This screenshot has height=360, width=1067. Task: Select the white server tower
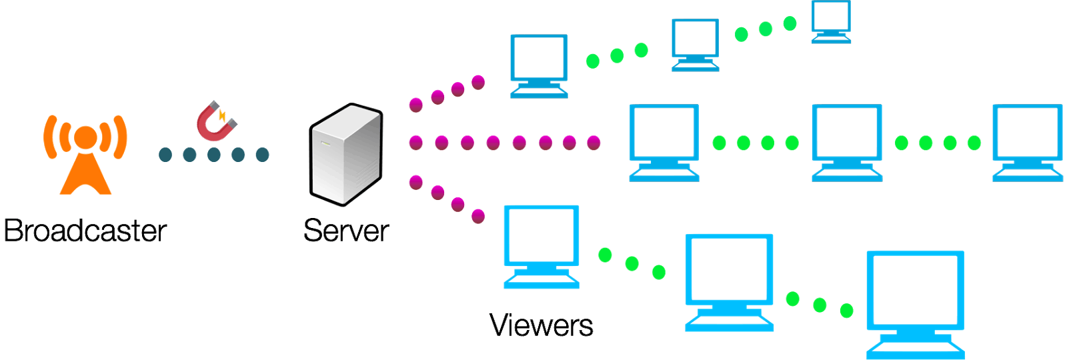pos(346,153)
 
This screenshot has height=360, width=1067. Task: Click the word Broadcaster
pos(85,231)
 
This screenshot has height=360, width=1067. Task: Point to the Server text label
pos(345,231)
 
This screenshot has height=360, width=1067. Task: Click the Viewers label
pos(541,325)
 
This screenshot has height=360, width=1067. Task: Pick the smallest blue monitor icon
pos(831,21)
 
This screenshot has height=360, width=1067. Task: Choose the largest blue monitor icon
pos(915,303)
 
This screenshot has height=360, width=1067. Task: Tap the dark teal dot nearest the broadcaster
pos(165,155)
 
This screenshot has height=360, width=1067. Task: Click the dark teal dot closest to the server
pos(262,155)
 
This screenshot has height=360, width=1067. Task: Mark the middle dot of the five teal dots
pos(214,155)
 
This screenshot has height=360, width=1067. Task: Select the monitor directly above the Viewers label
pos(541,246)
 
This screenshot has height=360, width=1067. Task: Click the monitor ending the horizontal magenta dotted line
pos(664,142)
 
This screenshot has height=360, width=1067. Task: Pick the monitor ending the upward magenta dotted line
pos(539,65)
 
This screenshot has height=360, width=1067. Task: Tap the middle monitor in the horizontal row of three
pos(847,142)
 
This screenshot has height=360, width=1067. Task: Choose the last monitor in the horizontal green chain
pos(1027,142)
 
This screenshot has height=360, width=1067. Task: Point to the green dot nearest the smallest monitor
pos(790,24)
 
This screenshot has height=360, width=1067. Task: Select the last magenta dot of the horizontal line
pos(594,142)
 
